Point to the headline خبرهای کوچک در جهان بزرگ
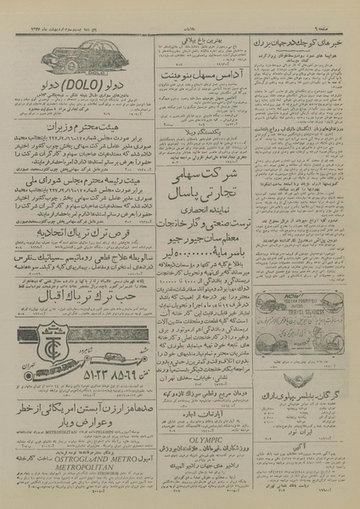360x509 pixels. (304, 43)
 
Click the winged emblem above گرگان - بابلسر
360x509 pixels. (303, 386)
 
